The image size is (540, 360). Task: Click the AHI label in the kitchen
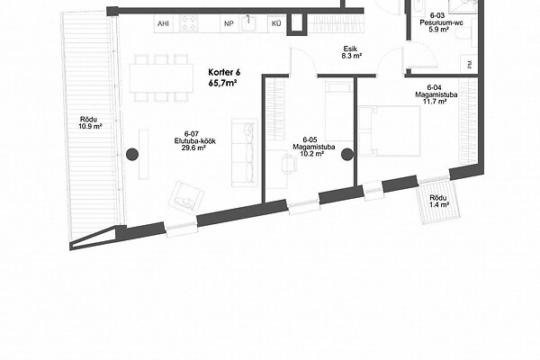[x=163, y=23]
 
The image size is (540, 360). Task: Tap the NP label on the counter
[x=229, y=23]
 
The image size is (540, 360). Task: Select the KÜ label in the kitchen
[x=276, y=23]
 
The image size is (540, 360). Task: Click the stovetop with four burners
[x=189, y=23]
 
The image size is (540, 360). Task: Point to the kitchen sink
[x=248, y=23]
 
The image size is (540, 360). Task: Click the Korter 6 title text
[x=224, y=72]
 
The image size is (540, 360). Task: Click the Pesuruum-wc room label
[x=441, y=22]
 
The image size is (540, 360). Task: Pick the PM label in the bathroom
[x=470, y=65]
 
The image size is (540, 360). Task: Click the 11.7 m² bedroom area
[x=436, y=102]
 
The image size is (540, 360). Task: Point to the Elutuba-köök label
[x=195, y=141]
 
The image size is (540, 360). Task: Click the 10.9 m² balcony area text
[x=90, y=126]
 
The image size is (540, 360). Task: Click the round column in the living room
[x=132, y=155]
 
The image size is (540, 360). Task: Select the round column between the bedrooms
[x=347, y=155]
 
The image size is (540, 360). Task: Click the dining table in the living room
[x=161, y=78]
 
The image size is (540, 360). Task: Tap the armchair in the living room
[x=186, y=198]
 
